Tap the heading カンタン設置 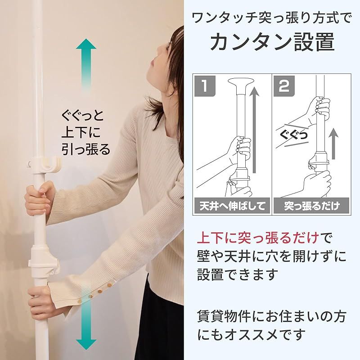pyautogui.click(x=272, y=42)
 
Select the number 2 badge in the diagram pyautogui.click(x=284, y=86)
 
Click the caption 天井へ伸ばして pyautogui.click(x=232, y=207)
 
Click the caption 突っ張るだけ pyautogui.click(x=312, y=207)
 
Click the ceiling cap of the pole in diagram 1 pyautogui.click(x=241, y=84)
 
